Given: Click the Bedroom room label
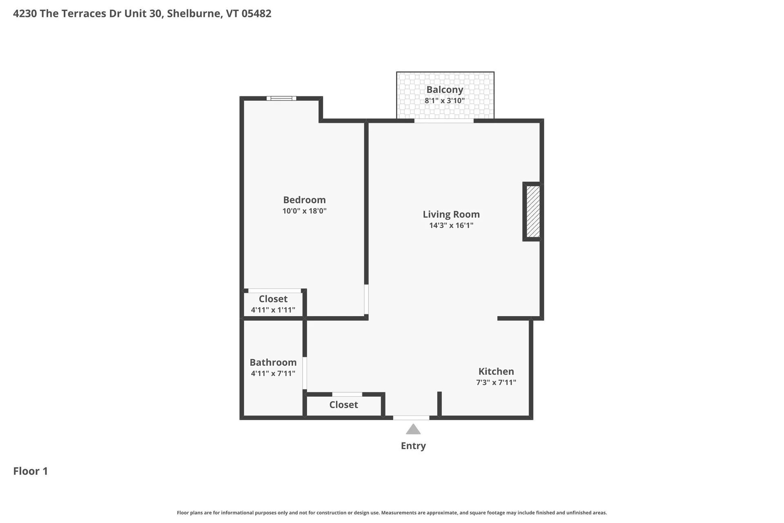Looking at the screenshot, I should (x=304, y=200).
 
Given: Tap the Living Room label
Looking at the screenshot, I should (x=451, y=214).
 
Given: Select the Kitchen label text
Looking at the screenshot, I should (x=496, y=371).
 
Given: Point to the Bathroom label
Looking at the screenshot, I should (x=273, y=362).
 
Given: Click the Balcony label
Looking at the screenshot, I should (x=445, y=89).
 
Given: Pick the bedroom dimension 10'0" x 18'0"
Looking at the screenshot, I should (x=304, y=211).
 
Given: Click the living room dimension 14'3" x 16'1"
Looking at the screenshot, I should (x=451, y=225).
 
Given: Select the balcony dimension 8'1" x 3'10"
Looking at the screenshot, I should (x=445, y=101).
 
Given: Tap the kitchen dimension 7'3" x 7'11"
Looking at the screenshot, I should (x=496, y=382).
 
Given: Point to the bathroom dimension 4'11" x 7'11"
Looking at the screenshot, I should (x=273, y=373).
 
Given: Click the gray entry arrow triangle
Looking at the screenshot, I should (x=413, y=429).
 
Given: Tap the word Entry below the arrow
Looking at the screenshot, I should (x=413, y=446).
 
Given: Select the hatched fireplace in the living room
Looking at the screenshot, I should (x=533, y=212).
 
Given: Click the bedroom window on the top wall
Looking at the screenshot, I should (x=281, y=98).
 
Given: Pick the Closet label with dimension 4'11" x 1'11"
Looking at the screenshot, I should (x=273, y=299).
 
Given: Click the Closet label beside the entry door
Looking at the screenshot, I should (x=343, y=405).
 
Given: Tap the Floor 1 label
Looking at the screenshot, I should (x=31, y=471).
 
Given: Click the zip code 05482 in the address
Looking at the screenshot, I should (x=256, y=13).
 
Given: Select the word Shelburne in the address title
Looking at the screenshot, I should (x=194, y=13).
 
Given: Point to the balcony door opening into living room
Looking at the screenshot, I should (x=444, y=121).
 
